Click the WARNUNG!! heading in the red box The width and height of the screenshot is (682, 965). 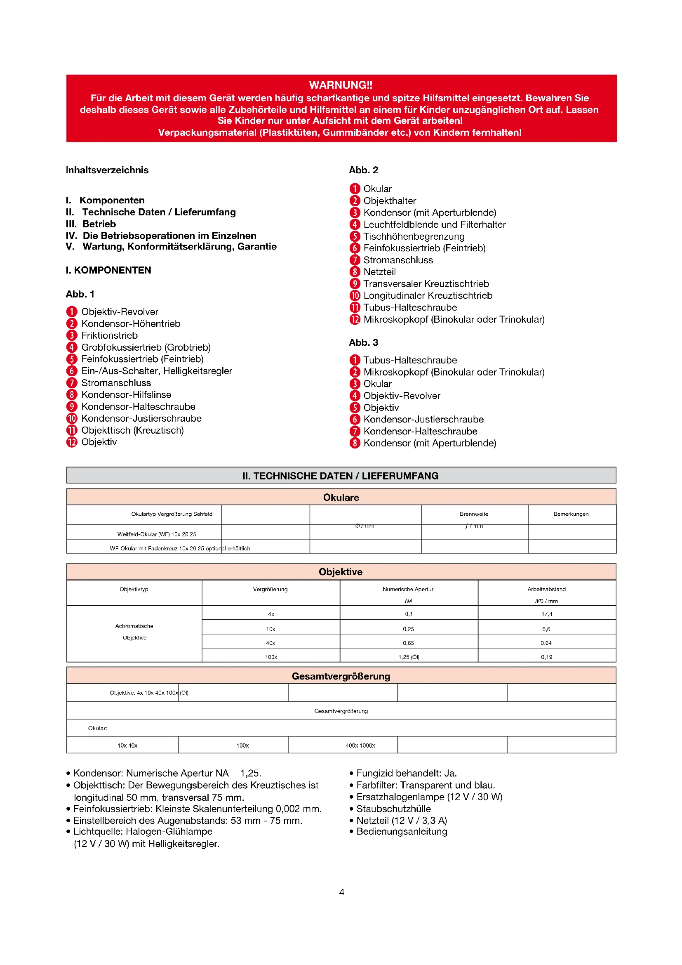(341, 85)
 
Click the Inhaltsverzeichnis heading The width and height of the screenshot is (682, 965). (107, 170)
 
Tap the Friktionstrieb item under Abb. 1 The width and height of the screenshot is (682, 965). (109, 335)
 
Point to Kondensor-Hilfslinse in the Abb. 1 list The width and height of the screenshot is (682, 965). (126, 395)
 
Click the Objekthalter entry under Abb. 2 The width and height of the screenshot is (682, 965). (389, 201)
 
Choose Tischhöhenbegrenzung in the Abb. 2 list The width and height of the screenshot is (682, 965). (414, 236)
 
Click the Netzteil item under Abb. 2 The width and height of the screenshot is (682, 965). (379, 272)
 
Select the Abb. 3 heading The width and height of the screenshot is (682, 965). (363, 342)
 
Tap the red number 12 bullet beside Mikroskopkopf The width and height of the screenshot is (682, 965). (355, 319)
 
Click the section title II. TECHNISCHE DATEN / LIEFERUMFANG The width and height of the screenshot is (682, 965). (341, 476)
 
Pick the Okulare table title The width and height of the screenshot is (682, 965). (341, 498)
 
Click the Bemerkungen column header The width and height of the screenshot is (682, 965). (571, 514)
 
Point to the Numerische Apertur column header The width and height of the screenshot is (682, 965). (408, 589)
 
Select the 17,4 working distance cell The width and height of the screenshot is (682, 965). (546, 614)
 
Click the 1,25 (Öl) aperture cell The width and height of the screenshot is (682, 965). (409, 657)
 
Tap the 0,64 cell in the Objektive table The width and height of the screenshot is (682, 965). (546, 643)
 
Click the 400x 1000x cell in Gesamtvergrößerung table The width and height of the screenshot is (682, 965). (360, 746)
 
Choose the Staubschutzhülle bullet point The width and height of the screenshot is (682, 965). (393, 809)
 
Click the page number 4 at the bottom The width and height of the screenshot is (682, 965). (341, 892)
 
